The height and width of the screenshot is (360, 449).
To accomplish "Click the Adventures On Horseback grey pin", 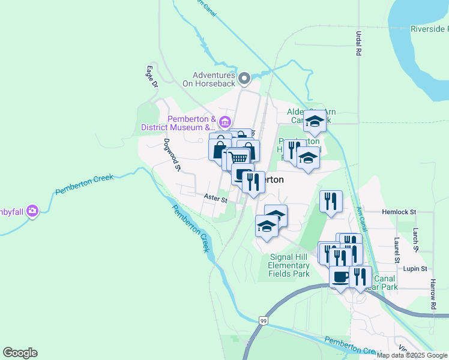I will pyautogui.click(x=244, y=79).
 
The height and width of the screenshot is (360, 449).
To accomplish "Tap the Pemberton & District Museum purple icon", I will pyautogui.click(x=224, y=122).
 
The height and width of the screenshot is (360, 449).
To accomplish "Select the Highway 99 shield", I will pyautogui.click(x=264, y=321).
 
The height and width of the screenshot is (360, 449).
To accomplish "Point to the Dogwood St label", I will pyautogui.click(x=172, y=155).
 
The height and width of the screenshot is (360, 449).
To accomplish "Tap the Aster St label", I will pyautogui.click(x=215, y=198).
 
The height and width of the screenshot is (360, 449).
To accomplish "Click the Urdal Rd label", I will pyautogui.click(x=358, y=43).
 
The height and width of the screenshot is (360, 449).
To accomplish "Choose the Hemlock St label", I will pyautogui.click(x=399, y=212).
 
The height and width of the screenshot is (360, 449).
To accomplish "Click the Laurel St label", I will pyautogui.click(x=397, y=250).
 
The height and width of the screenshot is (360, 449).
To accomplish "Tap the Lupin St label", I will pyautogui.click(x=415, y=269).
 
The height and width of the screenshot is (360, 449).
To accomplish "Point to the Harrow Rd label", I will pyautogui.click(x=433, y=294).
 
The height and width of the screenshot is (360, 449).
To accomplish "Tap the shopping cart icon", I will pyautogui.click(x=239, y=158).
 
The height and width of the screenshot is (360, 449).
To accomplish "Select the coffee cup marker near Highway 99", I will pyautogui.click(x=340, y=277).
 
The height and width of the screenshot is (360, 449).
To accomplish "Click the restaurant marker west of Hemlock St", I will pyautogui.click(x=330, y=202).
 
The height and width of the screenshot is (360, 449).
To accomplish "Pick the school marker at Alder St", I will pyautogui.click(x=315, y=122).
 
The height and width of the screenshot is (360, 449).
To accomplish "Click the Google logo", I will pyautogui.click(x=20, y=353).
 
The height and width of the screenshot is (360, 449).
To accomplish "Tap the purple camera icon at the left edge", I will pyautogui.click(x=32, y=211).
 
